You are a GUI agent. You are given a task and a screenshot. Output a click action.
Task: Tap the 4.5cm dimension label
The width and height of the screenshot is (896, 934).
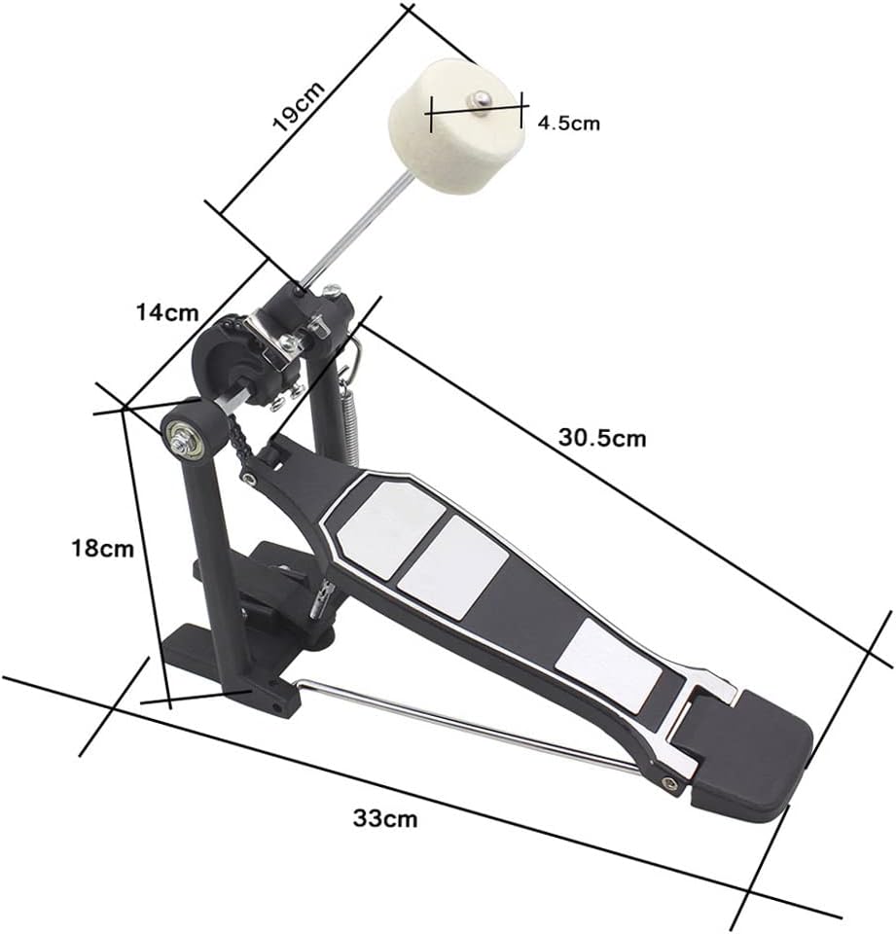coord(569,123)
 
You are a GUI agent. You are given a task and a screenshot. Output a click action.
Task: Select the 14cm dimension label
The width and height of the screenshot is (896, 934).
coord(167,312)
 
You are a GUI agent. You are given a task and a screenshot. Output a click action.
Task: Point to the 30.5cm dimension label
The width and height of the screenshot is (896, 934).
coord(602,438)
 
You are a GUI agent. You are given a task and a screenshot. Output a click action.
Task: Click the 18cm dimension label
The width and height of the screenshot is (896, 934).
coord(102,548)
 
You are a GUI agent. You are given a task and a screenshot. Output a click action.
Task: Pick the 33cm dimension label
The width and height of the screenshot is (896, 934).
coord(385,818)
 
